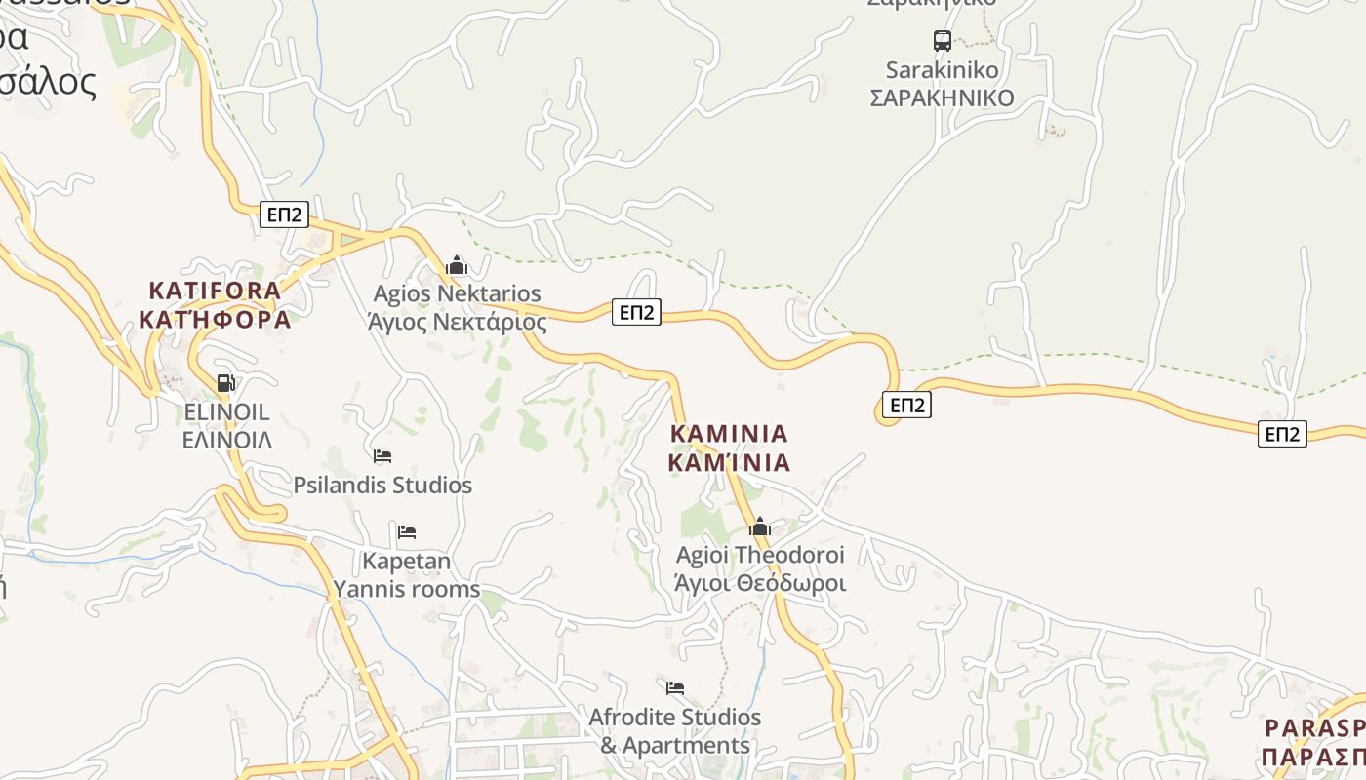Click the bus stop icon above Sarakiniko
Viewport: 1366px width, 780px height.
(942, 41)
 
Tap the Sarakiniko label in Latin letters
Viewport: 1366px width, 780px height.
(942, 70)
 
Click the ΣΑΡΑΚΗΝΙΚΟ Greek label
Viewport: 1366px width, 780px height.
(942, 98)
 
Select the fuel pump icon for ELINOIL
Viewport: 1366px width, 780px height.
(225, 383)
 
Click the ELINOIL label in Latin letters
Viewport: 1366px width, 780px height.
(226, 411)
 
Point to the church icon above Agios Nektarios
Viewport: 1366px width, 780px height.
(456, 265)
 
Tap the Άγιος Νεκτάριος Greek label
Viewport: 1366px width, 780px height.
(457, 322)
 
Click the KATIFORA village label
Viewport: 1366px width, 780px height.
(215, 291)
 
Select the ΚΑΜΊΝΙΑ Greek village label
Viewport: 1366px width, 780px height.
(729, 462)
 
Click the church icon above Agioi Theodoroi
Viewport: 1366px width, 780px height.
(759, 527)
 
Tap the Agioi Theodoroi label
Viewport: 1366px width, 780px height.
(760, 555)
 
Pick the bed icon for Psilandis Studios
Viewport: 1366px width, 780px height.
(382, 455)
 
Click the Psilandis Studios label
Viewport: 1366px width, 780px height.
(382, 485)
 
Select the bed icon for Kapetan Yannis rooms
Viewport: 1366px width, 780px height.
(407, 531)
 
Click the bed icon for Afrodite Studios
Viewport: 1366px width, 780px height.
(674, 687)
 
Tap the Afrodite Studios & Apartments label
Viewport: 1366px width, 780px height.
(674, 730)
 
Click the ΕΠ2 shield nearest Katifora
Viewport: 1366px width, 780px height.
(284, 214)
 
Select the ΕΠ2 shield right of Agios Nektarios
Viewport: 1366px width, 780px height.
(636, 312)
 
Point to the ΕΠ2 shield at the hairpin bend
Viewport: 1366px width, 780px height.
(906, 405)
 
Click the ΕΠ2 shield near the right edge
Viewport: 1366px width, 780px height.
(1281, 434)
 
